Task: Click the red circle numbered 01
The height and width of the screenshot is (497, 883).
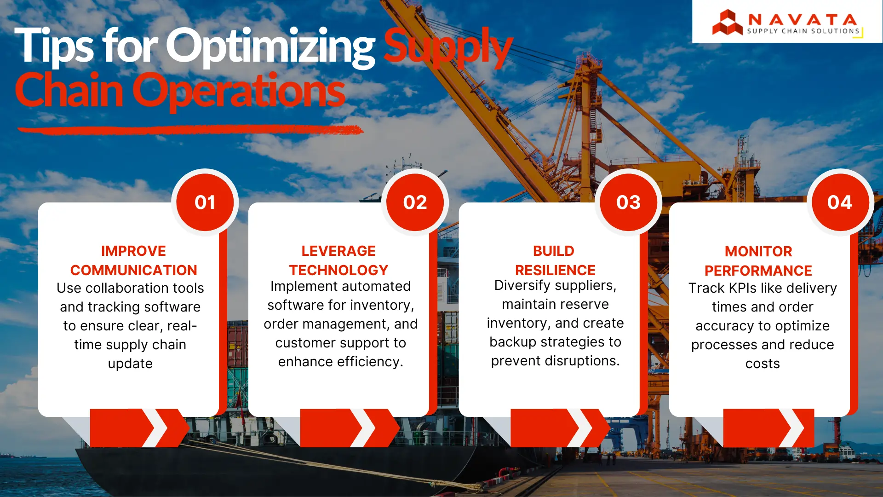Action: (x=205, y=202)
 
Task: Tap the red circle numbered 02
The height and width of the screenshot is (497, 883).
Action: (x=415, y=202)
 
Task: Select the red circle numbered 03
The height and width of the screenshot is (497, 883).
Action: (x=628, y=202)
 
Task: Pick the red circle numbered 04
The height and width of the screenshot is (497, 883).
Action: (x=839, y=202)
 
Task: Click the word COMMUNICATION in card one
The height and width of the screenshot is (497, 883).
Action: (x=133, y=270)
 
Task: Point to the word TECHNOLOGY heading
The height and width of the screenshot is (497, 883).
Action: (x=338, y=270)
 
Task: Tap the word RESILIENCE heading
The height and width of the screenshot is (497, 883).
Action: (x=555, y=270)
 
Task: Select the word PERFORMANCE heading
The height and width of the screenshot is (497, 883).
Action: (x=758, y=271)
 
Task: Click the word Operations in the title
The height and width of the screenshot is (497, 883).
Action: (x=239, y=91)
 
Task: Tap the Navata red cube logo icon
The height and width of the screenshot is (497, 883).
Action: (x=727, y=23)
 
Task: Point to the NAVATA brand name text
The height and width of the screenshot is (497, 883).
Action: (x=803, y=20)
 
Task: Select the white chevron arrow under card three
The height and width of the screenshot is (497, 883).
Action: (x=581, y=428)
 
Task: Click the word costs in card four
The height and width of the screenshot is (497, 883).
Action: (x=763, y=364)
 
